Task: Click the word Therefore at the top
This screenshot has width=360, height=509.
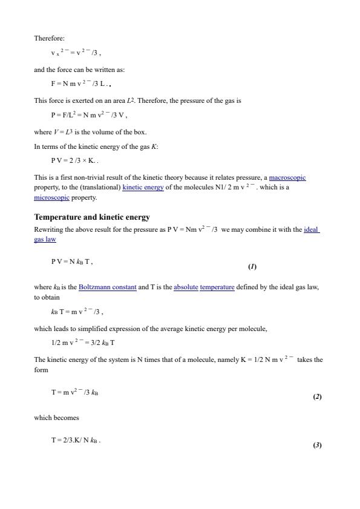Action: (x=49, y=39)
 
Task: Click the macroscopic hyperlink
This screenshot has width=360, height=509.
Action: (x=287, y=177)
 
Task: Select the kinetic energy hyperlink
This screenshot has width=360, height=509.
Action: (x=143, y=188)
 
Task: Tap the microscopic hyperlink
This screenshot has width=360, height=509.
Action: (x=52, y=197)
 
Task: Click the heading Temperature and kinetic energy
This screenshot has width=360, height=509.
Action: (x=92, y=217)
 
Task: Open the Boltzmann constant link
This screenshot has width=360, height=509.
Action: (x=107, y=287)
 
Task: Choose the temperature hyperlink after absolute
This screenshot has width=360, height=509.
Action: (x=217, y=287)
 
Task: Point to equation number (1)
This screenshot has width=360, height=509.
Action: (x=252, y=266)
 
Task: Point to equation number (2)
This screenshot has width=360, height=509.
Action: (x=317, y=397)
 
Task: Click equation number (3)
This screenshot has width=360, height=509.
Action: (x=317, y=445)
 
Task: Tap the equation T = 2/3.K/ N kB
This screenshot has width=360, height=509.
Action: (x=76, y=441)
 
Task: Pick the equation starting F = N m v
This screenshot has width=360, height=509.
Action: (x=79, y=84)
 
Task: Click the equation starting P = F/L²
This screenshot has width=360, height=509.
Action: (x=88, y=114)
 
